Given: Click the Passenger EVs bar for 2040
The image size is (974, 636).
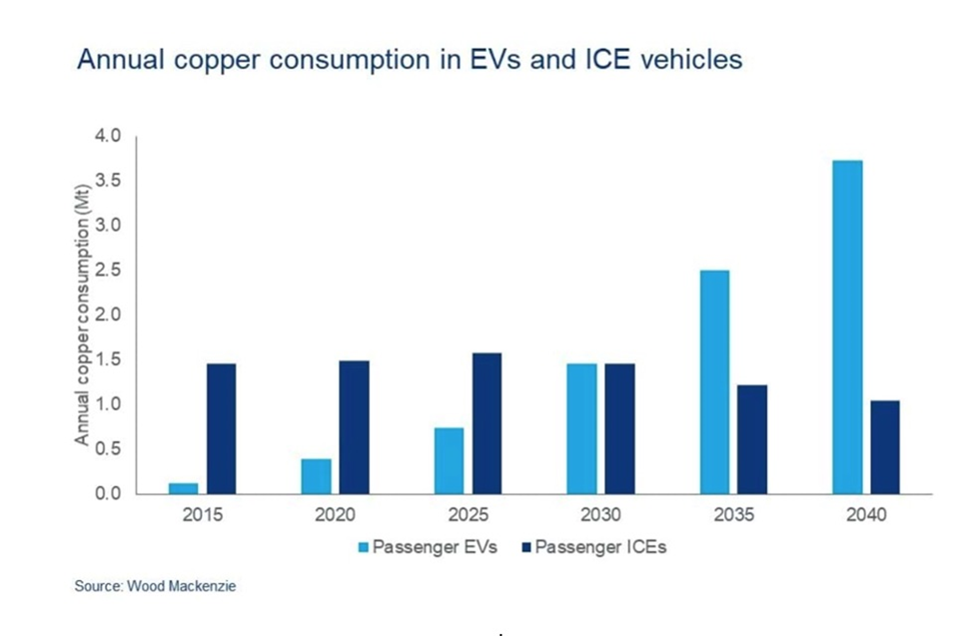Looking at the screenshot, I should [847, 326].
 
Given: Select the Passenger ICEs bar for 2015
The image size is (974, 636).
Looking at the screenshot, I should [221, 428].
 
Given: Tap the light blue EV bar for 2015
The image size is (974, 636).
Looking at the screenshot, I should [183, 488].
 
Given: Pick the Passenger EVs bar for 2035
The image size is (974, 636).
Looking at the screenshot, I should [714, 381].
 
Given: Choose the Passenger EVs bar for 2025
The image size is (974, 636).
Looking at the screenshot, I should [449, 460].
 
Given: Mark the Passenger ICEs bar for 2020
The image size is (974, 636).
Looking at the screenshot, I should [354, 426].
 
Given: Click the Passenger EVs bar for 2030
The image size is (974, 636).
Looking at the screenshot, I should [581, 428].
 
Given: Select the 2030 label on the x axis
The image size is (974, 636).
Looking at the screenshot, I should [600, 516].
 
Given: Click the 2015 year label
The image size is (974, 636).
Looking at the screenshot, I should [203, 516].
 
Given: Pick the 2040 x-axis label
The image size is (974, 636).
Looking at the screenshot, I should [865, 516].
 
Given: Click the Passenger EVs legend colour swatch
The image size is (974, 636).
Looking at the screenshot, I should [364, 547].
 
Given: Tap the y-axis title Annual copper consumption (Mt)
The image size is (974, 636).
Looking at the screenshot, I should [84, 315].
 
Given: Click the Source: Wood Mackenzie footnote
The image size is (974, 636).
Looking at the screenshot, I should [155, 586].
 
